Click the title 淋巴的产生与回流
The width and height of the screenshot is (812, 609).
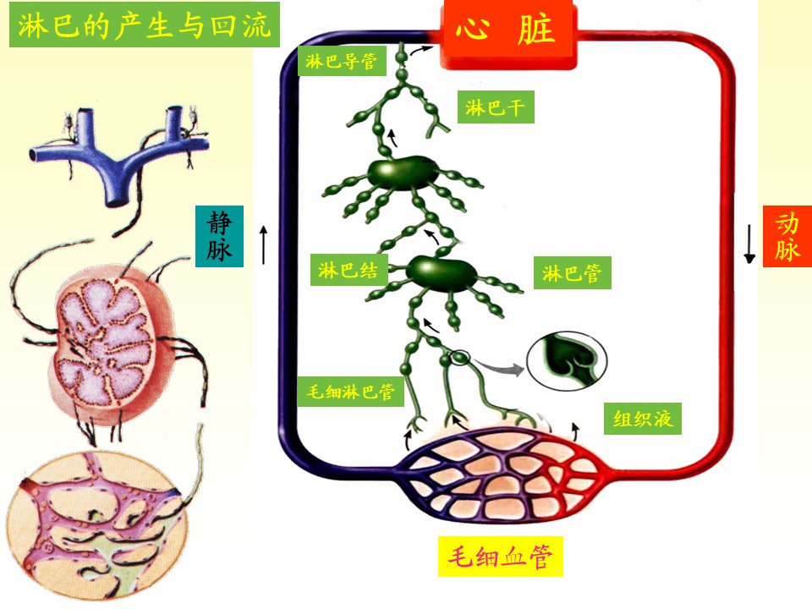click(x=145, y=25)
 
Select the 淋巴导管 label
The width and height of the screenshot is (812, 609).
click(x=342, y=61)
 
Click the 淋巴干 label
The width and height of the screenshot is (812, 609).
click(x=496, y=107)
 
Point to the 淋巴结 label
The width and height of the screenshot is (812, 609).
click(x=348, y=270)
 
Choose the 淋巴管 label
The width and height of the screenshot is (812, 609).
click(x=573, y=272)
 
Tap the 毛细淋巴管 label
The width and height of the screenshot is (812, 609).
click(x=350, y=391)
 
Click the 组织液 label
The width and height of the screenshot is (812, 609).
click(x=643, y=419)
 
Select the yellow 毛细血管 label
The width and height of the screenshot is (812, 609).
click(x=501, y=557)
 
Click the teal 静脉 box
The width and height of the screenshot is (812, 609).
click(x=220, y=236)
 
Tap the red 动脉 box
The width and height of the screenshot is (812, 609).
click(x=787, y=236)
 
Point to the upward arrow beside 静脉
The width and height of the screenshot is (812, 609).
click(x=264, y=244)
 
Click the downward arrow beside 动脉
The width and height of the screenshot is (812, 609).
click(x=749, y=244)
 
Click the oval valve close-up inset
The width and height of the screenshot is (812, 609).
click(x=567, y=360)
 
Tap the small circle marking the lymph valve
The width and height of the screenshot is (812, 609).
click(x=461, y=357)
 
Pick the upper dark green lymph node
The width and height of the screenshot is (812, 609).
click(x=403, y=173)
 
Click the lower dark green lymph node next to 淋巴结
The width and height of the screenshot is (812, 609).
click(x=441, y=273)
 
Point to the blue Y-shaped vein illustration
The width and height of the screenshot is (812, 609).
click(x=119, y=154)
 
